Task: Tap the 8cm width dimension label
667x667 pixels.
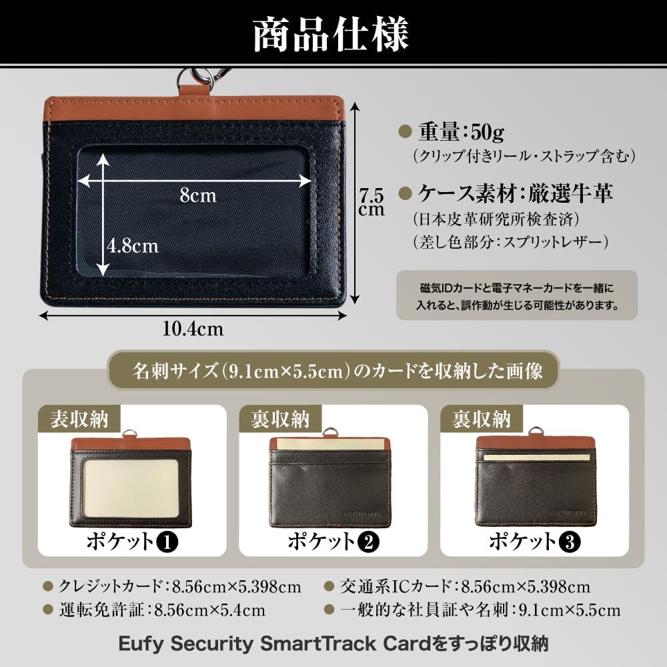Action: click(198, 195)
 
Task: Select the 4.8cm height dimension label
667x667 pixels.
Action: click(133, 245)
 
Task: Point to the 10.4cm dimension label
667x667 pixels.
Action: click(193, 328)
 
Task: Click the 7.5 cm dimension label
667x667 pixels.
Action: click(371, 202)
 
